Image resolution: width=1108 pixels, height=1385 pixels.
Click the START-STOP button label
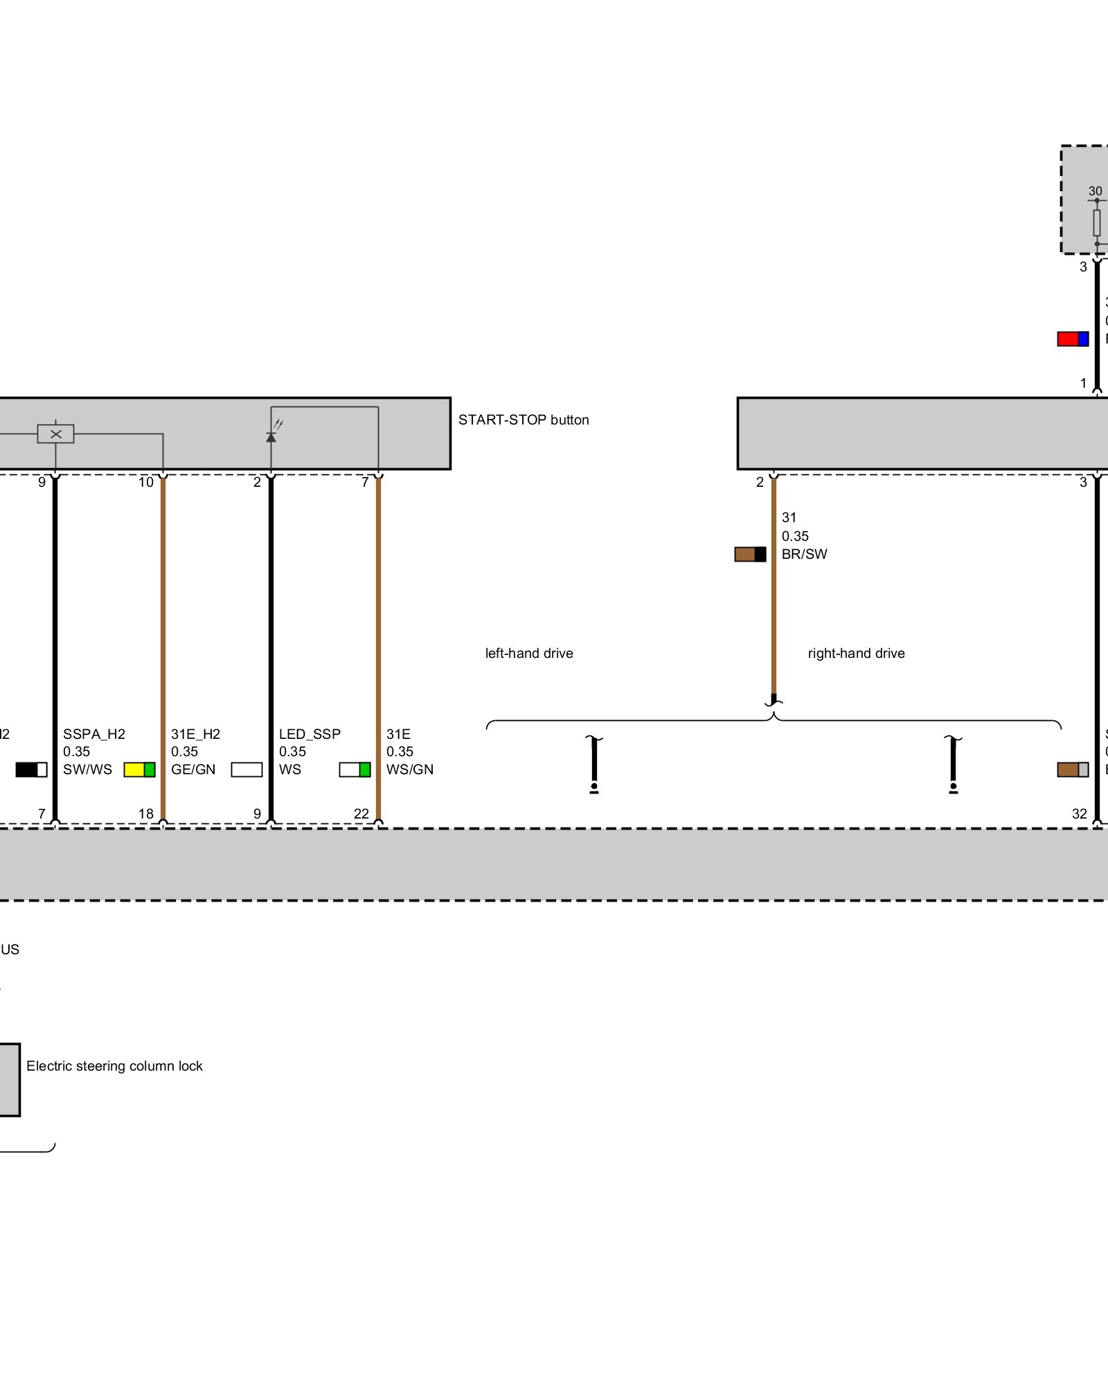click(x=524, y=420)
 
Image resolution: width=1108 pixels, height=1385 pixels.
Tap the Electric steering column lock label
click(x=114, y=1066)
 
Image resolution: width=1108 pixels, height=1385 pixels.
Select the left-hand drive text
click(x=529, y=653)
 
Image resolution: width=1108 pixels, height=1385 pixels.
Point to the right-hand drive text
click(x=856, y=653)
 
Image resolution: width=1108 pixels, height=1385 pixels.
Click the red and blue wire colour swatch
click(x=1073, y=339)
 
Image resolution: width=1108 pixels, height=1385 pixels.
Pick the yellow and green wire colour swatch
click(x=139, y=769)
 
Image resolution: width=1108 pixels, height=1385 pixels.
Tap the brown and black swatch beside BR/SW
click(x=750, y=554)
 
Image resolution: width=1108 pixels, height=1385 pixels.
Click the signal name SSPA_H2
click(x=94, y=734)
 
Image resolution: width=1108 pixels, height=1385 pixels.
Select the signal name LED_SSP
click(x=310, y=734)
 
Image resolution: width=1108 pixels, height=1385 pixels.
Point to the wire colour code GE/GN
click(x=193, y=769)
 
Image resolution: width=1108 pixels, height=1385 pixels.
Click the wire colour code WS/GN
click(x=410, y=769)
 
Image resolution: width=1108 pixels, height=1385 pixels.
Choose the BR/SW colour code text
click(x=805, y=554)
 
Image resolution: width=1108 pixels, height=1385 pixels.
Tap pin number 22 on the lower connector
click(x=361, y=814)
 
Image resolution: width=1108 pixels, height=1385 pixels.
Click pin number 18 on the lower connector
click(x=146, y=814)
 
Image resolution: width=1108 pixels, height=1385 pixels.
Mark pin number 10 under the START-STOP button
click(x=146, y=482)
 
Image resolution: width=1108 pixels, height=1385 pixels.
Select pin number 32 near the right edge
click(x=1080, y=814)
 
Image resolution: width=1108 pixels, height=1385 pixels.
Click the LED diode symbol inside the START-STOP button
click(x=271, y=436)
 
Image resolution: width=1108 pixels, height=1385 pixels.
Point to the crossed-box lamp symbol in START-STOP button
click(x=56, y=434)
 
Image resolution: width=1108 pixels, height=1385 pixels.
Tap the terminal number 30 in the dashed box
click(x=1095, y=191)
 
